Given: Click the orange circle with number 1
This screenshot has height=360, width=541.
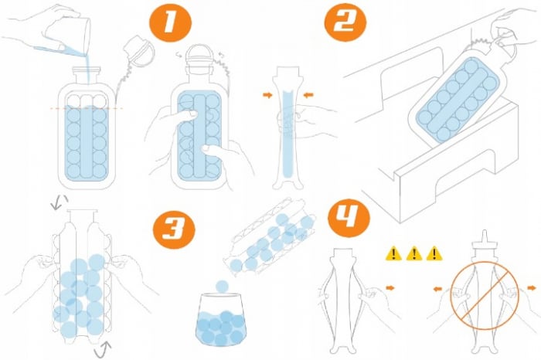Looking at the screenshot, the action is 170,22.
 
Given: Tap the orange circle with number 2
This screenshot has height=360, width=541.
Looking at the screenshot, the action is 345,22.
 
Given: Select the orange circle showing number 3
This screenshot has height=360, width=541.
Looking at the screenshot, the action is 174,229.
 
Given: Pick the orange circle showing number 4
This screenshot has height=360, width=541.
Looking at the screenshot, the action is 349,218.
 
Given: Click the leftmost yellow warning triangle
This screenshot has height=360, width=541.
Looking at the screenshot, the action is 393,253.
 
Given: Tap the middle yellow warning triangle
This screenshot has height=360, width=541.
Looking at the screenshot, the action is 413,253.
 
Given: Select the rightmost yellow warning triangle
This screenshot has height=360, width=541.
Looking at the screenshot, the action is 434,253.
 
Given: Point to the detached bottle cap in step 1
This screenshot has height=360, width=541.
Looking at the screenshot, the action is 139,50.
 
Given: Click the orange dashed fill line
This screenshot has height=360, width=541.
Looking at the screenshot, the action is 87,108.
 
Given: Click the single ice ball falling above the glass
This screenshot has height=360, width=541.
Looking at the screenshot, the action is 222,286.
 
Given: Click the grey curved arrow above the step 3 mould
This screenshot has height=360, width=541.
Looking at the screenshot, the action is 59,202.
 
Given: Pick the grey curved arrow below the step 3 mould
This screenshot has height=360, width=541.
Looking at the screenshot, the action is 103,349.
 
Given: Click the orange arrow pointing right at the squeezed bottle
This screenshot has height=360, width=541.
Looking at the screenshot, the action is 267,95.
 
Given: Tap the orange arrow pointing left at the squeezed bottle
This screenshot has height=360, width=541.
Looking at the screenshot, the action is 308,94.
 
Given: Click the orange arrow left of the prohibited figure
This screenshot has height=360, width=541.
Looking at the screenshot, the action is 438,289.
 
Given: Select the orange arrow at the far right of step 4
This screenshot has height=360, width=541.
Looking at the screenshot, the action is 532,287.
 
